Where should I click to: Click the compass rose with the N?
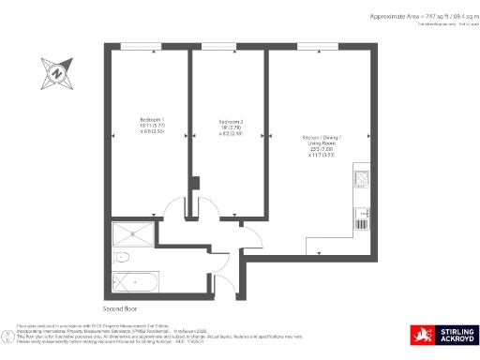(x=58, y=69)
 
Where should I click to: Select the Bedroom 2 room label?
(x=231, y=122)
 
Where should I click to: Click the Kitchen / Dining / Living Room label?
(x=321, y=138)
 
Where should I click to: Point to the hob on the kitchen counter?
(x=362, y=179)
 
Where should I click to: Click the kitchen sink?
(x=362, y=219)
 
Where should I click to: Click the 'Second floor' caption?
(x=121, y=307)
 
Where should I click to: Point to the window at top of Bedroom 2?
(x=220, y=46)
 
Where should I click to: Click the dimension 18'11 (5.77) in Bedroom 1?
(x=150, y=127)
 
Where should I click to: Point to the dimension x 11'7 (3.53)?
(x=321, y=155)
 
